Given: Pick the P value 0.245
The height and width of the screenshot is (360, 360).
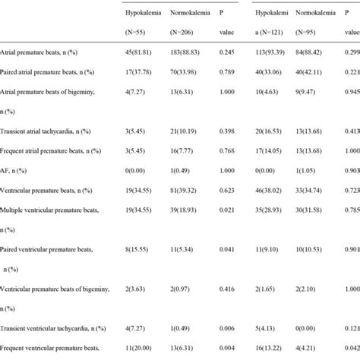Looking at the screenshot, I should (227, 53).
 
